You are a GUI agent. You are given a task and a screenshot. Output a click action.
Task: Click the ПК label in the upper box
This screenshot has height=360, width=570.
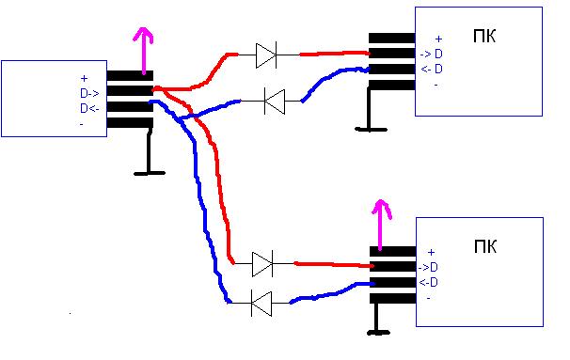click(484, 36)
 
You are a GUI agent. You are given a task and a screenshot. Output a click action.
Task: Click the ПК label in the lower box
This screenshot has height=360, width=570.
click(485, 246)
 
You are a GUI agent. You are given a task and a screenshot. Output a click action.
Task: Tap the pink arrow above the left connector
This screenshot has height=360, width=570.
click(144, 51)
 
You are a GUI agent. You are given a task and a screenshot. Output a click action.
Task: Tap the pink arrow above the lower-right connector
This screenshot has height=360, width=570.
click(380, 226)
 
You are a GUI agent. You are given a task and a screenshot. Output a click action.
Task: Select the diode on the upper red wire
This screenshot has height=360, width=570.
click(266, 55)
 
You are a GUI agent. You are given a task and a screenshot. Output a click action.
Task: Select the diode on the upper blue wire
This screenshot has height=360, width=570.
click(275, 102)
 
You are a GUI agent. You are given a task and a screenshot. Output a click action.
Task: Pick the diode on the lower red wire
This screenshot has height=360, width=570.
click(262, 263)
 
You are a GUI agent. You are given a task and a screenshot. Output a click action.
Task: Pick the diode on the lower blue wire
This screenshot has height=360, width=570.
click(261, 303)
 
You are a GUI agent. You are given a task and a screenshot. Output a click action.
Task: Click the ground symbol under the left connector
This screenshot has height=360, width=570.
click(149, 152)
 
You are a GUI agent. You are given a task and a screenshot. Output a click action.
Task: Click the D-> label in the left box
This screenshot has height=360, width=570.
click(89, 94)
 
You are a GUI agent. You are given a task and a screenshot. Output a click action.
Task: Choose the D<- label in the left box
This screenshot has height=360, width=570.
click(89, 108)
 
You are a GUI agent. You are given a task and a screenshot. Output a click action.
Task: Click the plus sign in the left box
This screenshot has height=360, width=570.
click(85, 78)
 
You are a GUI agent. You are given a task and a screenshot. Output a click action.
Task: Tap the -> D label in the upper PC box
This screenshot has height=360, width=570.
click(432, 55)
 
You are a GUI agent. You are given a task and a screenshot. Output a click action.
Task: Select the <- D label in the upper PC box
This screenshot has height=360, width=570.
click(432, 69)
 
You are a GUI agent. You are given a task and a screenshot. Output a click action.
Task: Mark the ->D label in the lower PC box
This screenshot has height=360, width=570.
click(428, 268)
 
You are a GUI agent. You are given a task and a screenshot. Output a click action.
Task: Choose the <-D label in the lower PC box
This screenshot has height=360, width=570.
click(428, 282)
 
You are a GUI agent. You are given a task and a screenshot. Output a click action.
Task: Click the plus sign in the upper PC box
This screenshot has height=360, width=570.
click(438, 39)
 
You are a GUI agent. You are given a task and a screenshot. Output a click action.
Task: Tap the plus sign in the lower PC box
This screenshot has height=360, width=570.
click(431, 252)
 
